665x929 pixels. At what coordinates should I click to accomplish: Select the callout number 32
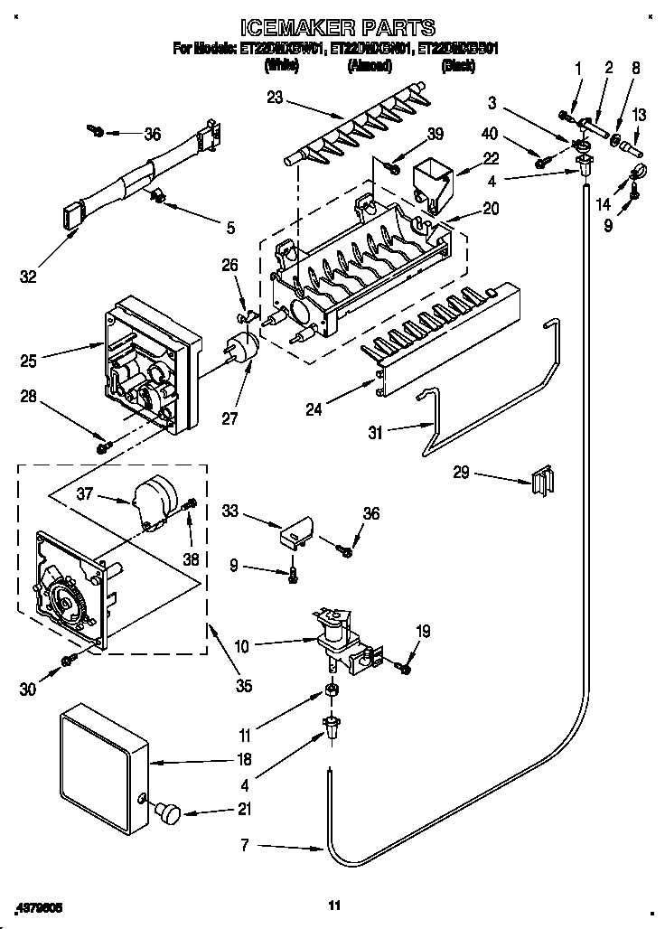tap(28, 277)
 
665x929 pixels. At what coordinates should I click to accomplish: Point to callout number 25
tap(28, 361)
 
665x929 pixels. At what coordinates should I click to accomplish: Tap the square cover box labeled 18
tap(101, 765)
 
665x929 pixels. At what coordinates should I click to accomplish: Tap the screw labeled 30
tap(68, 662)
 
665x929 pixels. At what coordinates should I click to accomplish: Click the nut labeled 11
tap(332, 691)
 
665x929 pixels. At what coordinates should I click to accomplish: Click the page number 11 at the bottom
tap(332, 904)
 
